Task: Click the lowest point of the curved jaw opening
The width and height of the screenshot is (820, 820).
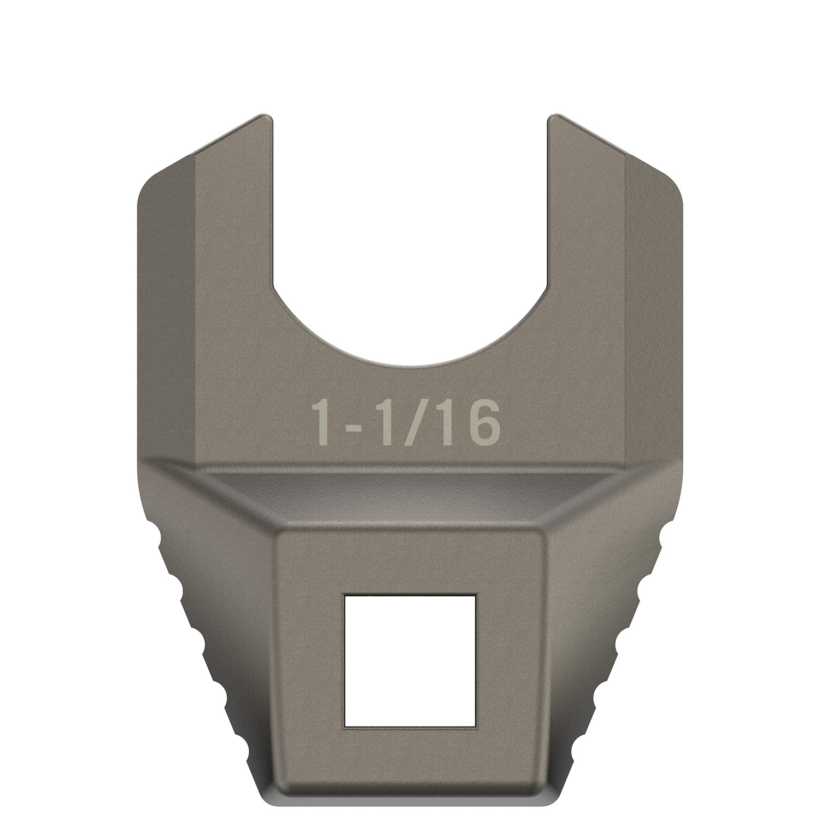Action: tap(410, 364)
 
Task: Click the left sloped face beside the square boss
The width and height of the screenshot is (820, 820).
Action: tap(219, 629)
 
